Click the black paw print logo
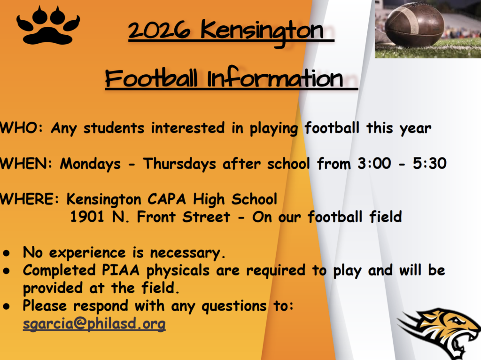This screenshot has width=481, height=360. click(48, 26)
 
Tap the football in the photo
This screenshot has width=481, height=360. click(414, 24)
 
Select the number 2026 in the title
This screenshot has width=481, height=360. click(159, 31)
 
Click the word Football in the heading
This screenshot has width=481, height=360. click(151, 78)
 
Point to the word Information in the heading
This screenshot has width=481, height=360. click(275, 78)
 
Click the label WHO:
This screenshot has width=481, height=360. click(22, 128)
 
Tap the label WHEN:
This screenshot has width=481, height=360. click(26, 163)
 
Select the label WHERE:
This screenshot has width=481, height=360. click(30, 199)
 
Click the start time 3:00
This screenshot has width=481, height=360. click(374, 163)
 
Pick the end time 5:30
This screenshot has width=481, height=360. click(429, 163)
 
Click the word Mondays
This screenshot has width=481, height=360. click(90, 164)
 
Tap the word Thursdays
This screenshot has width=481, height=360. click(179, 164)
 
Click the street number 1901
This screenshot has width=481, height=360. click(87, 217)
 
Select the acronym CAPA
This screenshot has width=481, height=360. click(167, 199)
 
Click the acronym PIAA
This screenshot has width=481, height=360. click(121, 270)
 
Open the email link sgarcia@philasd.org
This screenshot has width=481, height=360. click(94, 324)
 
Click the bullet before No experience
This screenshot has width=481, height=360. click(7, 253)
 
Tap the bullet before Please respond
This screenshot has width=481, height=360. click(7, 306)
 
